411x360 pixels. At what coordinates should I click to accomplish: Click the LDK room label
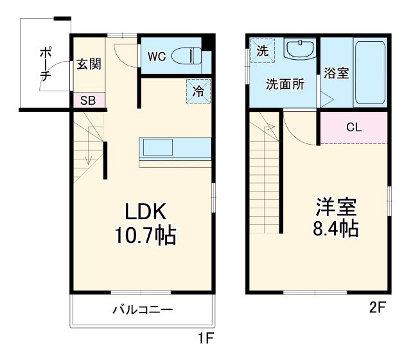145,212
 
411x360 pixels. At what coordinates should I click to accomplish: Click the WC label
157,57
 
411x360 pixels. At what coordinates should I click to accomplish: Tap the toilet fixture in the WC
191,56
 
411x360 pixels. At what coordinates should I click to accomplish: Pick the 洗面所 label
285,84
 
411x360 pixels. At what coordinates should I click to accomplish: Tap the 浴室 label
337,73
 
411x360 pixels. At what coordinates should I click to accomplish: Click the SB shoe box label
88,101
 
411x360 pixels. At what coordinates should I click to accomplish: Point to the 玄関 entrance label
88,64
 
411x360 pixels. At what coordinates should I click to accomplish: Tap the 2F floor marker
377,307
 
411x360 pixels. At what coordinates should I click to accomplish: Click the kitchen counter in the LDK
174,149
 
